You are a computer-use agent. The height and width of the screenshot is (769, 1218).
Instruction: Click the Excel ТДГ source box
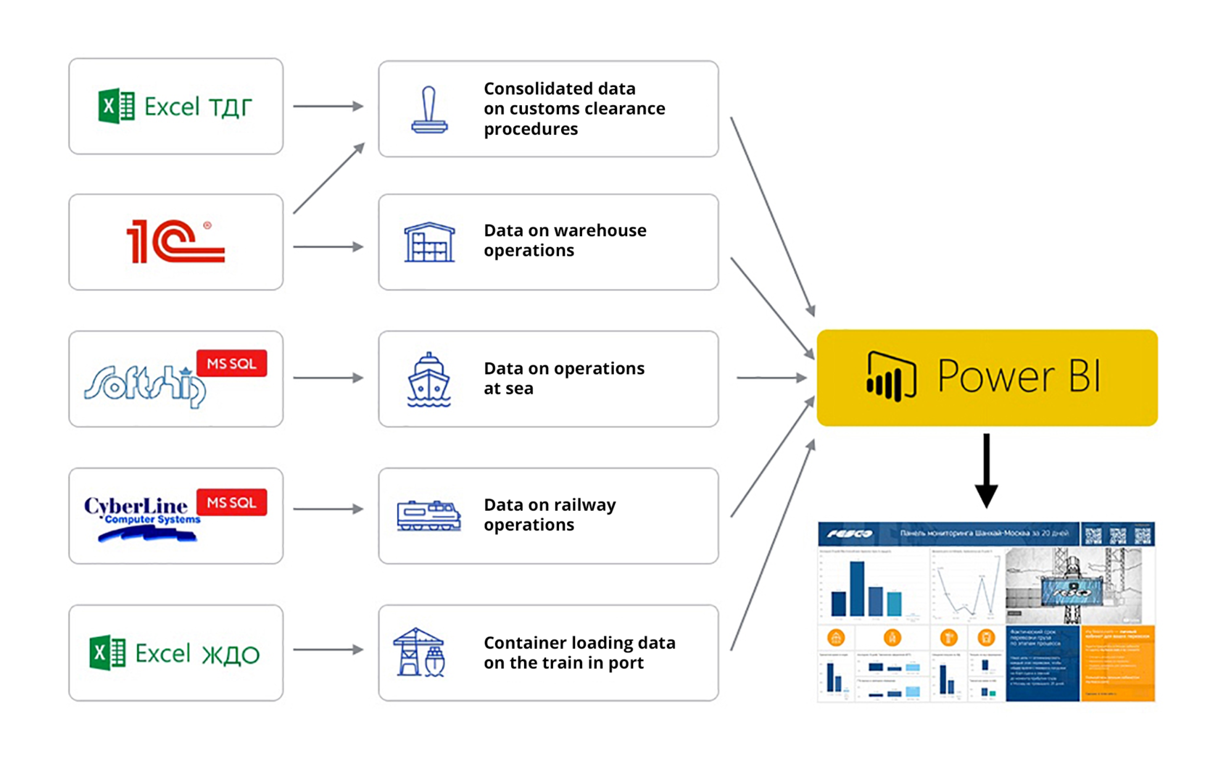(x=175, y=107)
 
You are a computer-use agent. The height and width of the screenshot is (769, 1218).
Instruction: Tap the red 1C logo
(x=175, y=241)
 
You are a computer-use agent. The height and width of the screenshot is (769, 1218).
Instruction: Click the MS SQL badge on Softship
(x=231, y=364)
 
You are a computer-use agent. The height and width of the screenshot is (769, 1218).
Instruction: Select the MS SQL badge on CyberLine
(x=231, y=502)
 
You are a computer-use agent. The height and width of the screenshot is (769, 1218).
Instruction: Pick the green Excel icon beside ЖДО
(x=107, y=652)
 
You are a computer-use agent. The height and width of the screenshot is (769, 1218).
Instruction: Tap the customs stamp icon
(x=429, y=111)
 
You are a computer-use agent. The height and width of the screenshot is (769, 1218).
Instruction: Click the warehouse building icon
(x=429, y=242)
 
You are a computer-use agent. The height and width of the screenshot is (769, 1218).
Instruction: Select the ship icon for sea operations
(x=429, y=379)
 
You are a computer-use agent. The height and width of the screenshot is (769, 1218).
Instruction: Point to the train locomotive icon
(x=428, y=515)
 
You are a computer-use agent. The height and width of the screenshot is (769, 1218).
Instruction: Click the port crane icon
(x=419, y=652)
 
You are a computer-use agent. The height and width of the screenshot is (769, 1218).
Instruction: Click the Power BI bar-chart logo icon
(x=891, y=377)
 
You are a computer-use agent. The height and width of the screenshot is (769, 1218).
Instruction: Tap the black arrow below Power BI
(x=986, y=471)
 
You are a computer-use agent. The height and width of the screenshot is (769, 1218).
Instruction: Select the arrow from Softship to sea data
(x=328, y=378)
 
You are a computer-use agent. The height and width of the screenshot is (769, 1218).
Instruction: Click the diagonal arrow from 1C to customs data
(x=328, y=179)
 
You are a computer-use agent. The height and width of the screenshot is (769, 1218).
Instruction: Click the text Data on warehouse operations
(x=564, y=240)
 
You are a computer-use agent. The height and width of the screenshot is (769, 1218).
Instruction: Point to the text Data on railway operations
(x=549, y=515)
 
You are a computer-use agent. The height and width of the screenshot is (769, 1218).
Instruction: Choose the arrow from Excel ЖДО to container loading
(x=328, y=649)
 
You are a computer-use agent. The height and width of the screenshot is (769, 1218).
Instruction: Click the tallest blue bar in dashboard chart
(x=857, y=589)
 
